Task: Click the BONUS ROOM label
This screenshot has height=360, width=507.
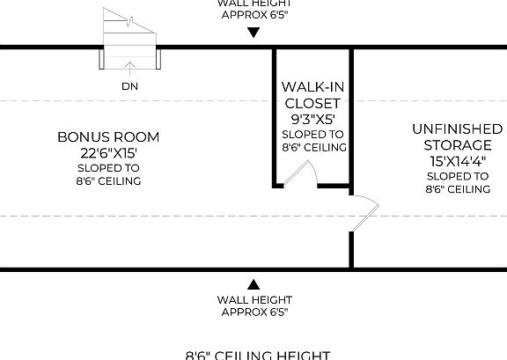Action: click(x=108, y=136)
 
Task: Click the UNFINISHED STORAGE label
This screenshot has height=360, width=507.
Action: click(x=452, y=136)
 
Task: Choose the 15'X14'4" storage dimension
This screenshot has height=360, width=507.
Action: click(x=452, y=160)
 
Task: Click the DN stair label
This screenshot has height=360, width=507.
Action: click(x=130, y=86)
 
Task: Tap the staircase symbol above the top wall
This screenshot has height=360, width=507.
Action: click(x=129, y=31)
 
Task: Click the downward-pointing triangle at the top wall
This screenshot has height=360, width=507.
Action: click(x=253, y=33)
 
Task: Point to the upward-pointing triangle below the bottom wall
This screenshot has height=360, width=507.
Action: click(x=253, y=284)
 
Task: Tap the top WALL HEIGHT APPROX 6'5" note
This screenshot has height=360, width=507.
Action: click(x=253, y=9)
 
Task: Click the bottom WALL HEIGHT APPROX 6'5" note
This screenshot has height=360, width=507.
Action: click(x=253, y=305)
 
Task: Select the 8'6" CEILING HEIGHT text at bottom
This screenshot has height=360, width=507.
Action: click(x=258, y=355)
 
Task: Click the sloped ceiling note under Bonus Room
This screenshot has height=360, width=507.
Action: click(x=108, y=174)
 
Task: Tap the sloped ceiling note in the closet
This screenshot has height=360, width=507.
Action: click(x=314, y=141)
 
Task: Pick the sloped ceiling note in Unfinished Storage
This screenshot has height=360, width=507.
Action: click(x=457, y=182)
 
